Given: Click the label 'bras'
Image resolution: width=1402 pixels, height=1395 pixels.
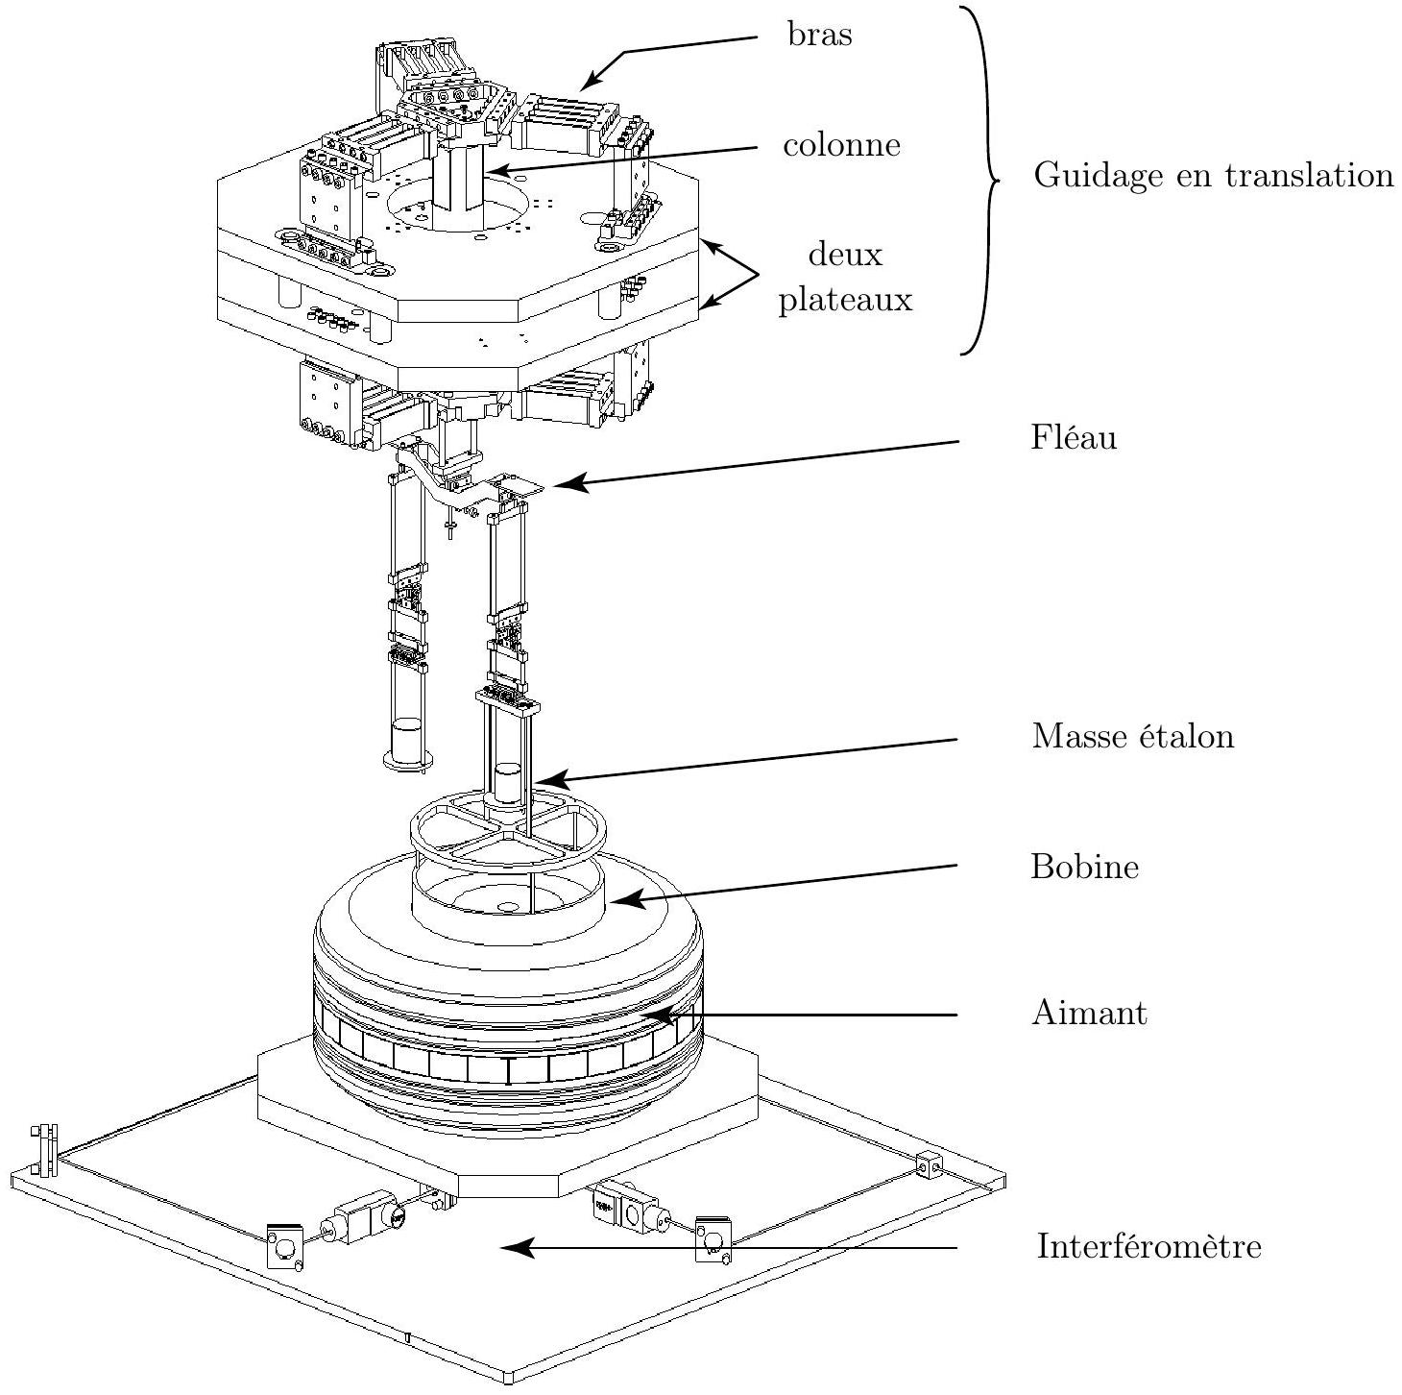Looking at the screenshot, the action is click(x=819, y=35).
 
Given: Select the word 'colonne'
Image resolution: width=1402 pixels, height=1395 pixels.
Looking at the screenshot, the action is click(x=842, y=145).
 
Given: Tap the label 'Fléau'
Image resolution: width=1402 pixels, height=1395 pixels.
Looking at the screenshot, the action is click(x=1074, y=437).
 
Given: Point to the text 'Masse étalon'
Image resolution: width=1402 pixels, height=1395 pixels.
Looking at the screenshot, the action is click(x=1133, y=736).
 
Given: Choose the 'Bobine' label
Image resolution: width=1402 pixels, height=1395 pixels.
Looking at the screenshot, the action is click(x=1084, y=867).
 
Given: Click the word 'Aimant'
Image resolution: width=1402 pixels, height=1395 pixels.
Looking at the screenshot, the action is click(x=1089, y=1013).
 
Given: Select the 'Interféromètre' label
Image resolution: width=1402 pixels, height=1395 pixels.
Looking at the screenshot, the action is click(x=1148, y=1246).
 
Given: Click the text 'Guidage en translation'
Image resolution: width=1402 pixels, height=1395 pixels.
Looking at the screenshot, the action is click(x=1214, y=176).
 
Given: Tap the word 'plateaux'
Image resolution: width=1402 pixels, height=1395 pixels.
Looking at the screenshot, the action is click(x=845, y=300).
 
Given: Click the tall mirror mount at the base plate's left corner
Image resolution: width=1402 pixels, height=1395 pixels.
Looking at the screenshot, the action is click(x=44, y=1151).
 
